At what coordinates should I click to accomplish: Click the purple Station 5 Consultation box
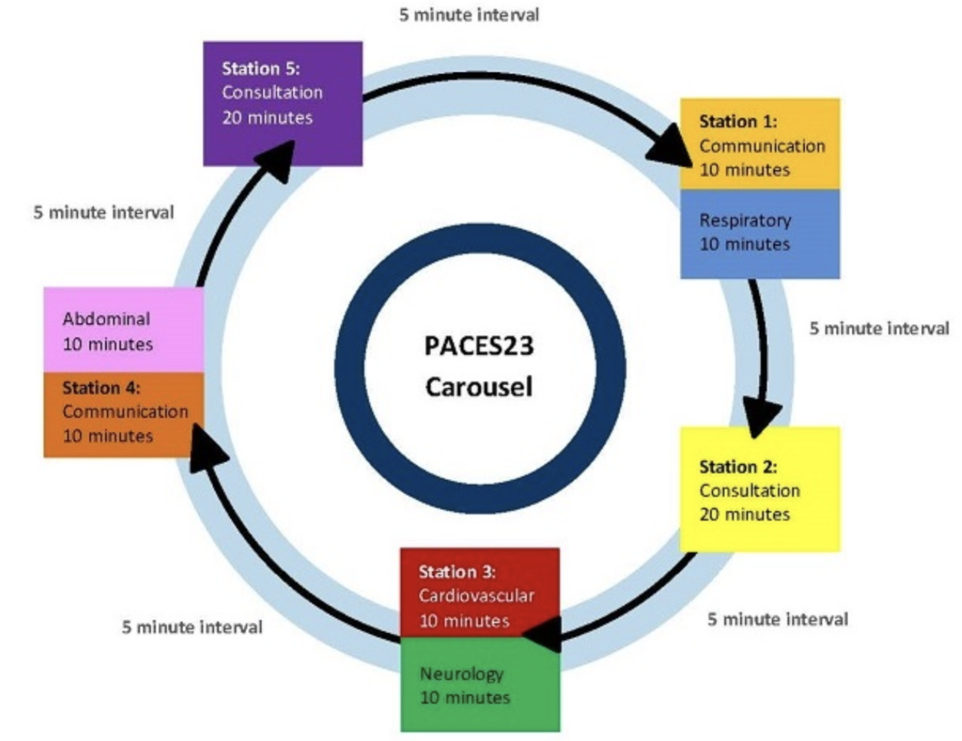pyautogui.click(x=283, y=104)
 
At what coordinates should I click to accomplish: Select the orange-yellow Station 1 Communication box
pyautogui.click(x=760, y=144)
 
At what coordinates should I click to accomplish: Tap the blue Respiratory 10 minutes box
pyautogui.click(x=760, y=233)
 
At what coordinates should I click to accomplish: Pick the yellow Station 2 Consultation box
pyautogui.click(x=760, y=489)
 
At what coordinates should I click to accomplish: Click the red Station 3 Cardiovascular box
pyautogui.click(x=479, y=594)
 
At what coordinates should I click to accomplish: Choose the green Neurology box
pyautogui.click(x=479, y=685)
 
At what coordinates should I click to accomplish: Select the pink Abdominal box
pyautogui.click(x=123, y=331)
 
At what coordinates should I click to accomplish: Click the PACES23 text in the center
pyautogui.click(x=479, y=346)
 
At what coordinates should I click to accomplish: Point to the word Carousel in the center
pyautogui.click(x=479, y=387)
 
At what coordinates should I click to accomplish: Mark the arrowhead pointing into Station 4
pyautogui.click(x=207, y=446)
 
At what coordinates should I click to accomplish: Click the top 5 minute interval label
pyautogui.click(x=469, y=15)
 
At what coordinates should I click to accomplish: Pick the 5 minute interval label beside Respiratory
pyautogui.click(x=879, y=328)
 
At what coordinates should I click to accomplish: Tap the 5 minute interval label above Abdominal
pyautogui.click(x=103, y=213)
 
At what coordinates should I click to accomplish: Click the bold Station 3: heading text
pyautogui.click(x=457, y=572)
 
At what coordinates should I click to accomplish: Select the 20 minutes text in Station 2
pyautogui.click(x=744, y=515)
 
